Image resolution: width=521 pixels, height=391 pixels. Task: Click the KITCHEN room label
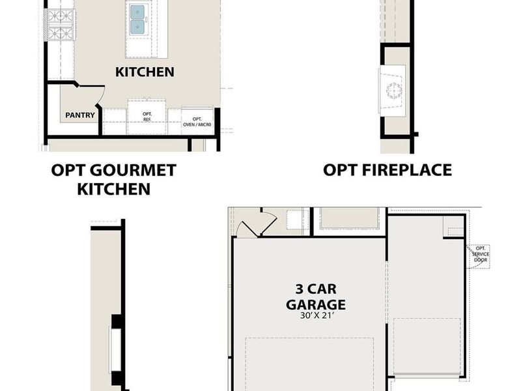click(145, 72)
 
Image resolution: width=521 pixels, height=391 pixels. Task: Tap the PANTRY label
click(80, 116)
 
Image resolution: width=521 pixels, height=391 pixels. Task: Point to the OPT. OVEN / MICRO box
click(197, 121)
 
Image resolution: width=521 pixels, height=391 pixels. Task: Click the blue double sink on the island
click(137, 20)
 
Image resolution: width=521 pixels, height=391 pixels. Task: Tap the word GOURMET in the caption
click(134, 171)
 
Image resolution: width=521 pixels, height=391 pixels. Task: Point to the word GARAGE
click(315, 304)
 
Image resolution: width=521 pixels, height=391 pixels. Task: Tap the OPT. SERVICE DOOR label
click(481, 255)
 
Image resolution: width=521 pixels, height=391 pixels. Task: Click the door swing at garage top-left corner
click(249, 227)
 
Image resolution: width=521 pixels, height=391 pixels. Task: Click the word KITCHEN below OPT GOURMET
click(114, 189)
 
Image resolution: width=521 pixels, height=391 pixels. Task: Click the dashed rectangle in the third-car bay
click(428, 346)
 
